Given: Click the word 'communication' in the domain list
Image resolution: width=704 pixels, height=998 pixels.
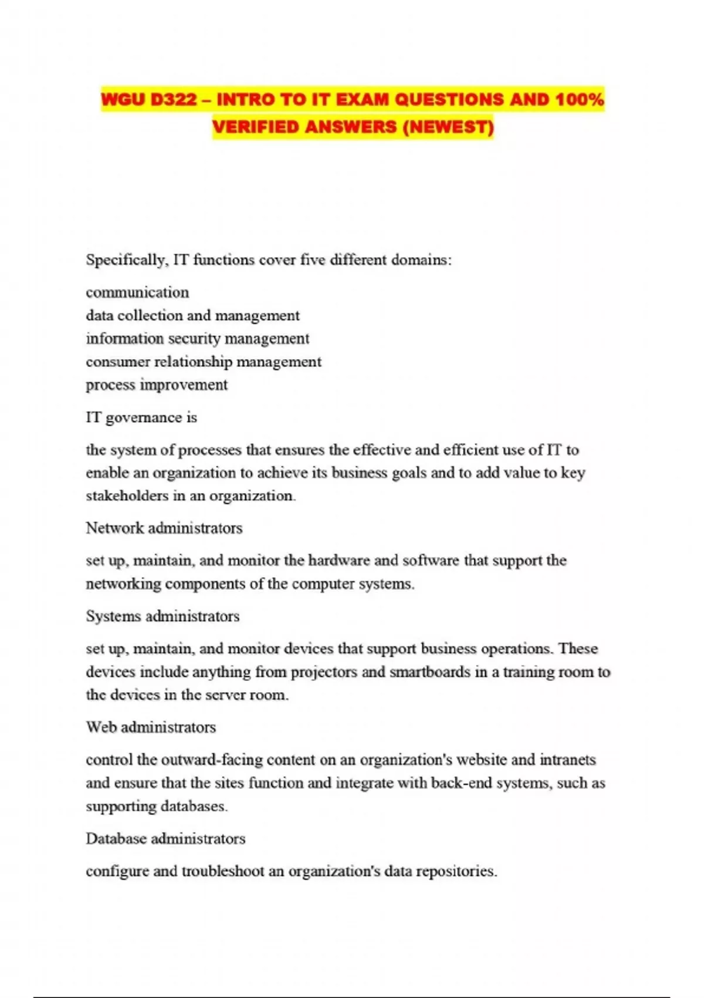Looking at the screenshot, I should click(x=137, y=292).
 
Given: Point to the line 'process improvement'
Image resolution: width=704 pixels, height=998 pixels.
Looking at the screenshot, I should click(x=157, y=385).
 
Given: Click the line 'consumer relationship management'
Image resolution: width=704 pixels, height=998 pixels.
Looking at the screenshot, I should click(x=204, y=362).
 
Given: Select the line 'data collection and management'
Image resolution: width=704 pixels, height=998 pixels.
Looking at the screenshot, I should click(x=192, y=316).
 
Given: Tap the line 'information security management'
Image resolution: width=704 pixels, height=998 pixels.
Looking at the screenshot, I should click(x=197, y=339).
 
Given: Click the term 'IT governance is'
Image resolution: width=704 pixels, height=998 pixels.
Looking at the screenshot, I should click(x=141, y=417).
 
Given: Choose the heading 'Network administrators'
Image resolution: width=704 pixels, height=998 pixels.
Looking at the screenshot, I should click(x=164, y=528).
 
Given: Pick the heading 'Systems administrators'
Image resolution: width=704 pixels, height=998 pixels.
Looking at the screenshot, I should click(x=163, y=616).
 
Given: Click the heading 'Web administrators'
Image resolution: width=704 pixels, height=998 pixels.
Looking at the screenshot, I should click(x=151, y=727).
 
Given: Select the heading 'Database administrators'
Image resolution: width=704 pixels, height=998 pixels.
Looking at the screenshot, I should click(x=165, y=838).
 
